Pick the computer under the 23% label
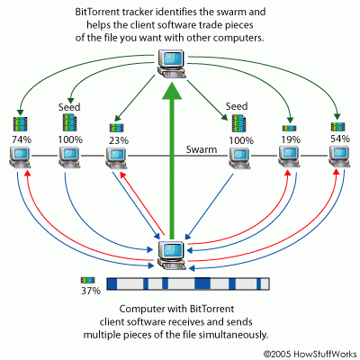[x=115, y=158]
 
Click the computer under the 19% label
[x=290, y=158]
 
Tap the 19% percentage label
[x=290, y=139]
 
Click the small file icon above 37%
[x=87, y=281]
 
